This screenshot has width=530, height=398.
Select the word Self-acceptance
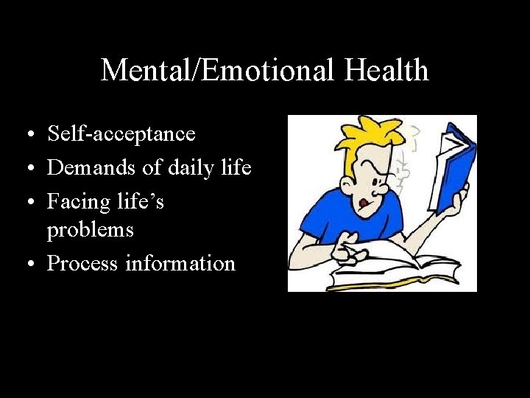coord(121,134)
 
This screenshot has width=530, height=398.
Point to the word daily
coord(183,167)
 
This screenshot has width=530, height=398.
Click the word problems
coord(91,230)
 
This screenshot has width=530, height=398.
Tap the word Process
coord(83,263)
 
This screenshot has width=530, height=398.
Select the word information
coord(180,263)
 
